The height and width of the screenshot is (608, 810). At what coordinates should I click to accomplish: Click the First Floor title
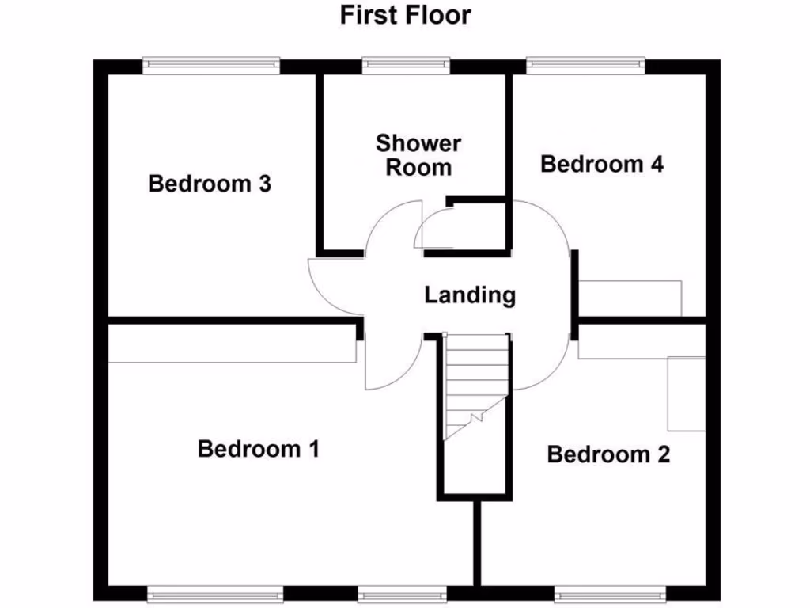[x=405, y=14]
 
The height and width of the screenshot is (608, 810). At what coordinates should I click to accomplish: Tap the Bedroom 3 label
[x=210, y=184]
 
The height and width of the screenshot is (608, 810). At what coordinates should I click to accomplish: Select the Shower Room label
[x=418, y=155]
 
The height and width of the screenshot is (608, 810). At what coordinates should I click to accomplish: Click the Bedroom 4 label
[x=601, y=164]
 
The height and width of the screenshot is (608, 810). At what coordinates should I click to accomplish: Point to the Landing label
[x=470, y=295]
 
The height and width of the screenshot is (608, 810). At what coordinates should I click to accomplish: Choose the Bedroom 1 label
[x=258, y=449]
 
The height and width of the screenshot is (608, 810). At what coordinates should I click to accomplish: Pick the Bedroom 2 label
[x=607, y=454]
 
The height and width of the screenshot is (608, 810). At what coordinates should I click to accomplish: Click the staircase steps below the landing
[x=475, y=380]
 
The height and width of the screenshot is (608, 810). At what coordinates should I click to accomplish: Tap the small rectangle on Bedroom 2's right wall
[x=686, y=393]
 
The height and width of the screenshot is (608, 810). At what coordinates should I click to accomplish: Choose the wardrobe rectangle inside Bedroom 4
[x=630, y=298]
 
